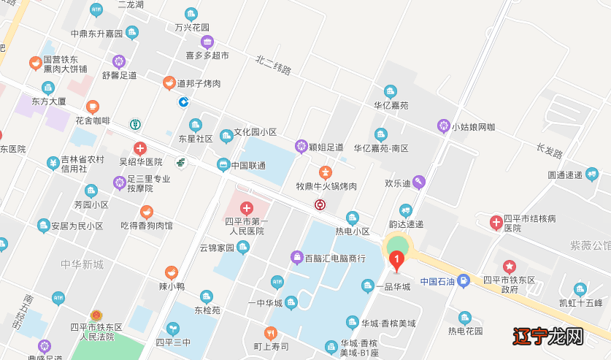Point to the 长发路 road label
(549, 151)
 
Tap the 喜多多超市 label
(207, 55)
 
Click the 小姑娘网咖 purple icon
(443, 126)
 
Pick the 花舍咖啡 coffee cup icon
(92, 107)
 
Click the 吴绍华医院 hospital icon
(140, 148)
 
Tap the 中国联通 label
(248, 164)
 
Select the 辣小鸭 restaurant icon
(172, 272)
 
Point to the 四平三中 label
(173, 342)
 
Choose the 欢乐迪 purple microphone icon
(418, 181)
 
